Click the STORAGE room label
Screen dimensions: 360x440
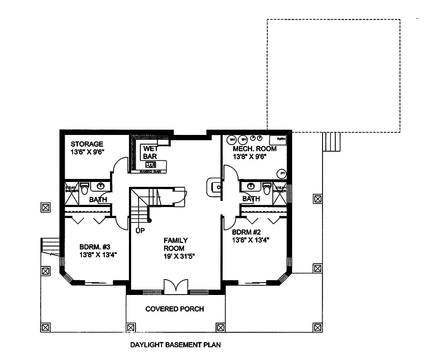click(87, 144)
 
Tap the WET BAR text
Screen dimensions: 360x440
click(150, 153)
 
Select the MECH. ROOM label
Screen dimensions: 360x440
click(255, 149)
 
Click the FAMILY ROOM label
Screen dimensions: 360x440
click(176, 244)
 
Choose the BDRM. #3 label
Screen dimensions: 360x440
click(92, 247)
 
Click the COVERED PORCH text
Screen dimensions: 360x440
click(175, 309)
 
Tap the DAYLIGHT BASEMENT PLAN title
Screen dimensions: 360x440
click(175, 345)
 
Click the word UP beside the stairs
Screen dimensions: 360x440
click(140, 230)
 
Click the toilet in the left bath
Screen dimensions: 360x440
click(85, 188)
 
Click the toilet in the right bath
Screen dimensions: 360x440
click(267, 188)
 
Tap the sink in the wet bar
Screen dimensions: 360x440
click(150, 164)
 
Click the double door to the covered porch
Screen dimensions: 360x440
click(176, 286)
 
